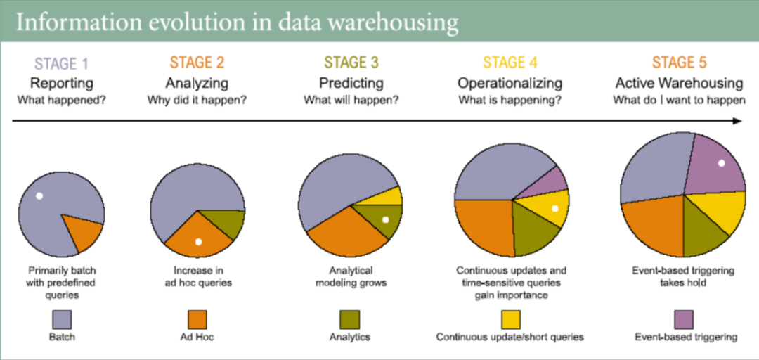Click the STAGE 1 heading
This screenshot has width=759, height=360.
pos(61,63)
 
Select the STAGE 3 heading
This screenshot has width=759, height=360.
pos(351,63)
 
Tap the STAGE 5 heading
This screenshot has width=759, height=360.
pos(679,63)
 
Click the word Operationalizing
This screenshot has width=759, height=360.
pos(510,82)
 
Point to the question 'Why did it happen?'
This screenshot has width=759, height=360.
pos(196,100)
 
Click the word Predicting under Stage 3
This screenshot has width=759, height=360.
pos(351,82)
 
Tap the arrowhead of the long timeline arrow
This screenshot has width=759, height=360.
pos(737,121)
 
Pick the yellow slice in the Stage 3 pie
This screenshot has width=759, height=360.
pos(391,196)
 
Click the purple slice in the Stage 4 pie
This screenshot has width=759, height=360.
pos(551,181)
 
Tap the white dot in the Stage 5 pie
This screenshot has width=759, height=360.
pos(721,163)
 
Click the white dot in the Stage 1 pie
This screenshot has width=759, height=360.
pos(39,195)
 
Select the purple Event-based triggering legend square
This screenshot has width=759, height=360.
pos(684,319)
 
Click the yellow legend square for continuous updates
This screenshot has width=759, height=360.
pos(510,319)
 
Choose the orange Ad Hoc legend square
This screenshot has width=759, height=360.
pos(197,319)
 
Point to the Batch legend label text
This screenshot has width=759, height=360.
pos(62,337)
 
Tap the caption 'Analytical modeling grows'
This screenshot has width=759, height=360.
pos(351,276)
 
